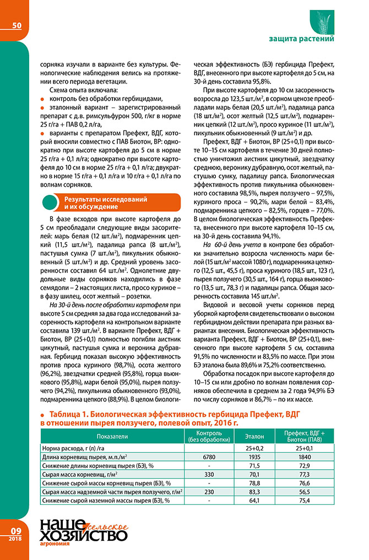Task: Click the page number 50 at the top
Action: tap(17, 25)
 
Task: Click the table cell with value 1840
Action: tap(303, 457)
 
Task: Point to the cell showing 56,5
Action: tap(303, 492)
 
